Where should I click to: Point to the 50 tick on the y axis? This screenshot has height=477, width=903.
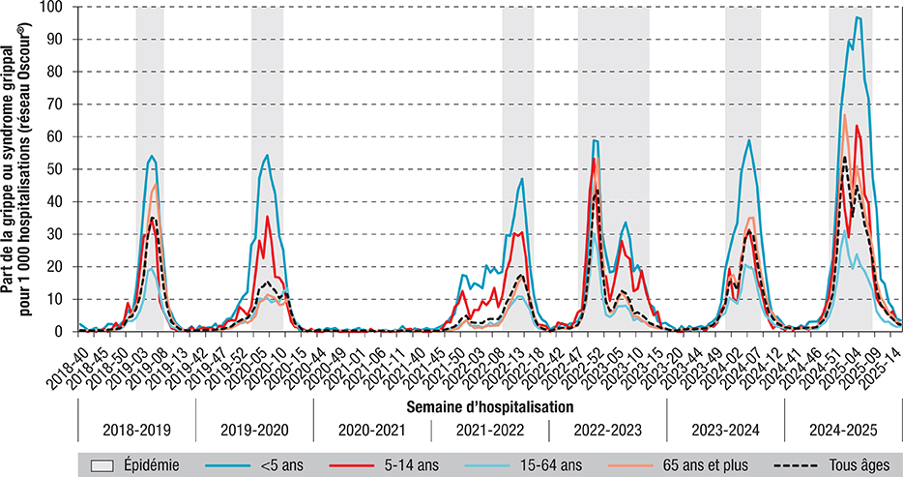coord(61,169)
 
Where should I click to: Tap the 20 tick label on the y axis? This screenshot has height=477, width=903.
coord(61,267)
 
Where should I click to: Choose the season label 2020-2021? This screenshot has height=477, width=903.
coord(371,429)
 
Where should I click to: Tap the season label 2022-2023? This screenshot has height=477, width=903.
coord(607,429)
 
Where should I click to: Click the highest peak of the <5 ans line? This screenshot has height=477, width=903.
coord(857,17)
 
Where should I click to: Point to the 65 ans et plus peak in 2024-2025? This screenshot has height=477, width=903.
coord(844,115)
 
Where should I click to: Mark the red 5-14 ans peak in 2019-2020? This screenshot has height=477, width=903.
coord(267,217)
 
